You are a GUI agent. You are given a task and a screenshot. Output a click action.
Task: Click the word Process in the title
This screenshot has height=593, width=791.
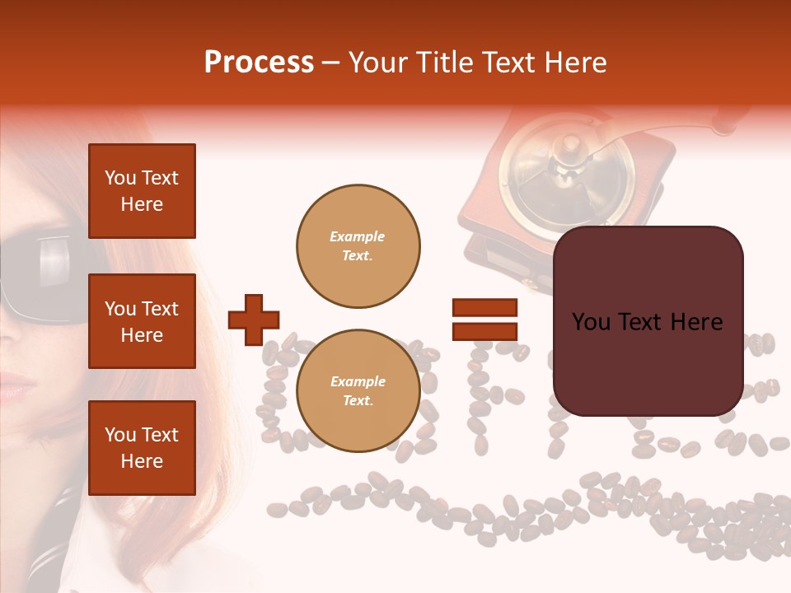tap(259, 63)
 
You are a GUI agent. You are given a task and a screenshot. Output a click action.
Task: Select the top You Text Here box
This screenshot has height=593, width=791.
tap(142, 191)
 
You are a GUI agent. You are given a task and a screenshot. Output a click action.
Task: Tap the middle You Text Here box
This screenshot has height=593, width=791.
tap(142, 321)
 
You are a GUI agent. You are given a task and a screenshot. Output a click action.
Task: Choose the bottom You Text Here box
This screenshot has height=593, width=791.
tap(142, 447)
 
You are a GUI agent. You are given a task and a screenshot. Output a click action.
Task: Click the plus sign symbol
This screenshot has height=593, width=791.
tap(254, 320)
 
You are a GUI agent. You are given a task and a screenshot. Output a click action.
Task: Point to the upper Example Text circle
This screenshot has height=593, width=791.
tap(358, 245)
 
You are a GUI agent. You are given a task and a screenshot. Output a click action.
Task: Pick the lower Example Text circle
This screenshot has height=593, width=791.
tap(358, 390)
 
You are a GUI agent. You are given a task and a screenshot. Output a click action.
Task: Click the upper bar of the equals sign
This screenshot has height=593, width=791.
tap(484, 308)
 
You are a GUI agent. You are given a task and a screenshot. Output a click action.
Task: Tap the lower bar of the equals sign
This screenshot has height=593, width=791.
tap(484, 331)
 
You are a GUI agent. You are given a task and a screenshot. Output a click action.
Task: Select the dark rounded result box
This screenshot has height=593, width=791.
tap(648, 321)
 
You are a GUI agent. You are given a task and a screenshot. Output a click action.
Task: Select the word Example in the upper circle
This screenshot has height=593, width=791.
tap(358, 236)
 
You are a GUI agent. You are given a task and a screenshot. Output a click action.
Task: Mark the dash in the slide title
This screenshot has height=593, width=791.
tap(331, 63)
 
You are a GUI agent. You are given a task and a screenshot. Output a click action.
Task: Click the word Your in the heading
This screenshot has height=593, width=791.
tap(377, 63)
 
